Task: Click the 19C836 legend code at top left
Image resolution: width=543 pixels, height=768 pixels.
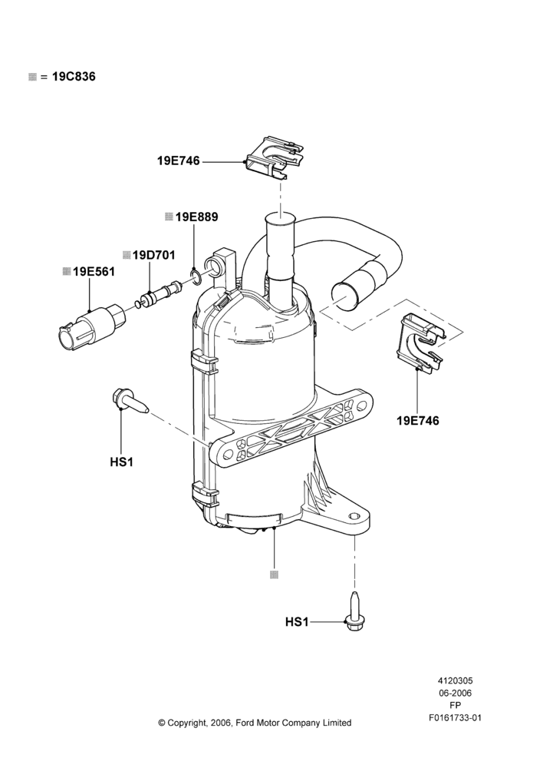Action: point(74,76)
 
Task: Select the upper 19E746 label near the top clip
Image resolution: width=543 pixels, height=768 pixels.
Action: point(179,161)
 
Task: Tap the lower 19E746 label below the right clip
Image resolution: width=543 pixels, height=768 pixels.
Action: point(418,420)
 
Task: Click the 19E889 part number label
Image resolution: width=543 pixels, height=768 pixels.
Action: point(196,217)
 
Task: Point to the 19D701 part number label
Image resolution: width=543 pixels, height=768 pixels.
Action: point(153,255)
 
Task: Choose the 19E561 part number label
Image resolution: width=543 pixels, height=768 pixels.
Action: point(94,271)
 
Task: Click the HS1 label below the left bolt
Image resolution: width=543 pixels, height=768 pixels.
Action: point(121,462)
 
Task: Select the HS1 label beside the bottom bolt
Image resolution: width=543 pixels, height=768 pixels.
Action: point(297,622)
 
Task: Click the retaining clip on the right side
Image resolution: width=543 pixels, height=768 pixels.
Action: point(422,342)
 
